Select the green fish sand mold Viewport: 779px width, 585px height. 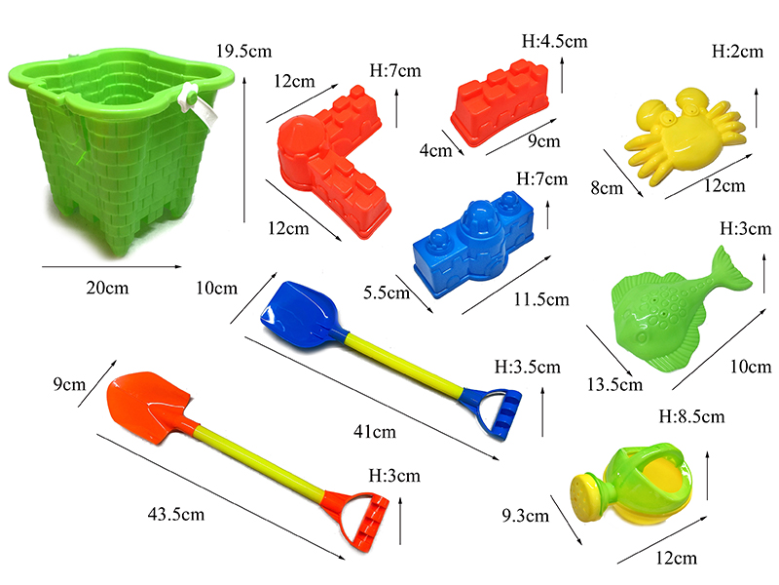[x=668, y=312]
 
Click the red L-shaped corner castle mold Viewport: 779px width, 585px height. [x=331, y=166]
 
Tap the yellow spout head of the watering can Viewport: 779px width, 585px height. [x=587, y=493]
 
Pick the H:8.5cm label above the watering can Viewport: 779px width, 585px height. [x=691, y=416]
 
